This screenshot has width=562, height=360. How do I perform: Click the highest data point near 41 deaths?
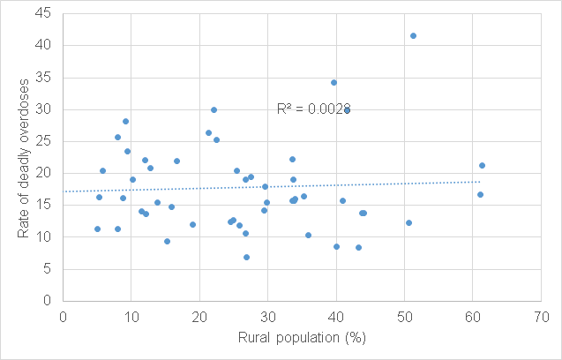pyautogui.click(x=413, y=35)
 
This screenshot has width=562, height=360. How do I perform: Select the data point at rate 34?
pyautogui.click(x=333, y=82)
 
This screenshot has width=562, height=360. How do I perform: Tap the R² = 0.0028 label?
pyautogui.click(x=313, y=109)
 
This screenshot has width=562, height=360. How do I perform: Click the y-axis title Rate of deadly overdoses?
pyautogui.click(x=24, y=156)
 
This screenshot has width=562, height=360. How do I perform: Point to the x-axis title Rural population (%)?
pyautogui.click(x=301, y=338)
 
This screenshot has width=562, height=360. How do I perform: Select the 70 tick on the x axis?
pyautogui.click(x=541, y=315)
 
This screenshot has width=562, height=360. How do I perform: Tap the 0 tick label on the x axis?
pyautogui.click(x=63, y=315)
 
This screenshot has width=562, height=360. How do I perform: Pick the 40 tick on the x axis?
pyautogui.click(x=335, y=315)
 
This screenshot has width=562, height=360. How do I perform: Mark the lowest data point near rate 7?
pyautogui.click(x=246, y=257)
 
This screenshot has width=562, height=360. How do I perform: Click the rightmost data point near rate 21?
pyautogui.click(x=482, y=165)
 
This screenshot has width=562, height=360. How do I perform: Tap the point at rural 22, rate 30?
pyautogui.click(x=214, y=109)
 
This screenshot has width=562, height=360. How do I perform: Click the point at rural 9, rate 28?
pyautogui.click(x=125, y=121)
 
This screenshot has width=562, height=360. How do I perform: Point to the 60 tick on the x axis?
pyautogui.click(x=472, y=315)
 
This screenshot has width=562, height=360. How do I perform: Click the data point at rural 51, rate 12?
pyautogui.click(x=408, y=222)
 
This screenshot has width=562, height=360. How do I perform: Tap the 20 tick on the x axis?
pyautogui.click(x=199, y=315)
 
